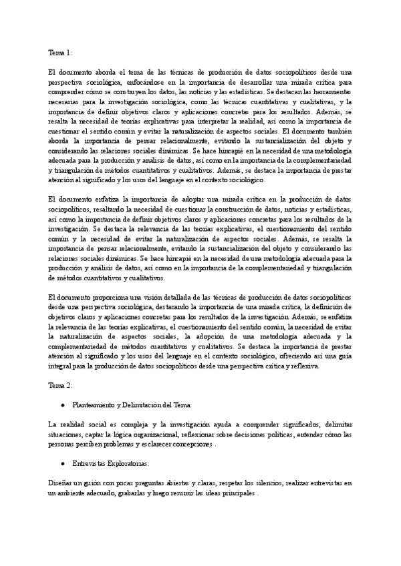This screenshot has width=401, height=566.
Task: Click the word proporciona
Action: pyautogui.click(x=104, y=296)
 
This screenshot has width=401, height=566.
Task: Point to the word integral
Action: pyautogui.click(x=59, y=366)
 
